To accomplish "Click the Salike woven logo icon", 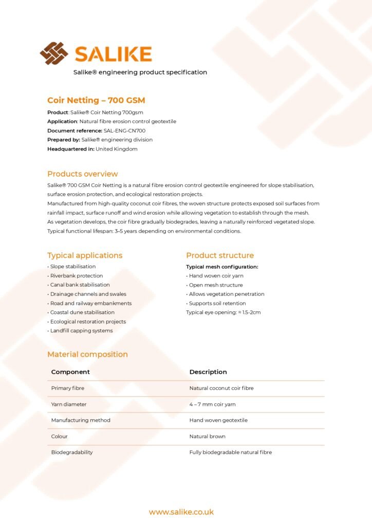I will [x=54, y=53].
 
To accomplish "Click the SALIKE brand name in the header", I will [x=113, y=54].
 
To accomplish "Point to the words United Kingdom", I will [x=117, y=149].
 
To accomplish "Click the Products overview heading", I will [x=82, y=174].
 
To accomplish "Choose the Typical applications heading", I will [x=85, y=255].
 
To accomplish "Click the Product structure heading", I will [x=220, y=255].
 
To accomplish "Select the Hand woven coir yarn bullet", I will [x=215, y=276].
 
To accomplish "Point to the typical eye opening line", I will [x=223, y=312].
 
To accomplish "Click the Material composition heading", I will [x=87, y=354].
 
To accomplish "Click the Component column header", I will [x=70, y=372].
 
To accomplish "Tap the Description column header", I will [x=208, y=372].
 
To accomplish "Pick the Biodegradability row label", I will [x=72, y=453].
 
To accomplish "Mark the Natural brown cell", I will [x=207, y=437].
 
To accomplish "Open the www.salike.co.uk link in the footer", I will [x=181, y=512].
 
